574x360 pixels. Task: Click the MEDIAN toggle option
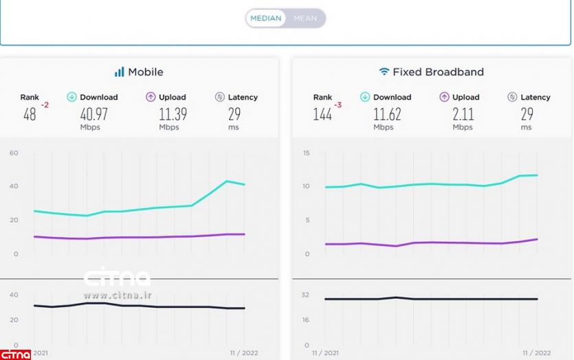(266, 19)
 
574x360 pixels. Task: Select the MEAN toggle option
(305, 19)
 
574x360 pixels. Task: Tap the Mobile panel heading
(146, 71)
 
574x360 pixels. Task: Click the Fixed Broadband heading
(438, 71)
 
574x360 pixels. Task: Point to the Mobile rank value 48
(30, 114)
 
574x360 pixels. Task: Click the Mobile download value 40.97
(95, 113)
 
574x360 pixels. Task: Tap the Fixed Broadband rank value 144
(322, 114)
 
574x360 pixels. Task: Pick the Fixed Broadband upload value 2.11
(463, 113)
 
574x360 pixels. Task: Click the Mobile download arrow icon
(71, 97)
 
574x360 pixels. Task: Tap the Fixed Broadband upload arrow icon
(444, 97)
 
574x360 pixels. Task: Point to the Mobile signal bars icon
(119, 71)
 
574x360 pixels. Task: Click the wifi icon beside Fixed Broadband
(384, 71)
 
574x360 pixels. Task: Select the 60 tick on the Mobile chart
(14, 153)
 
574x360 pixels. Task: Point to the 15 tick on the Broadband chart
(307, 153)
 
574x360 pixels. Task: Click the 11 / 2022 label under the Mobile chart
(245, 352)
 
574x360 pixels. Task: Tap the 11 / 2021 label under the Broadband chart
(325, 352)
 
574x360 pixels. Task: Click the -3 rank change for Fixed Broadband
(338, 105)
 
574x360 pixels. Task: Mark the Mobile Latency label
(243, 97)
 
